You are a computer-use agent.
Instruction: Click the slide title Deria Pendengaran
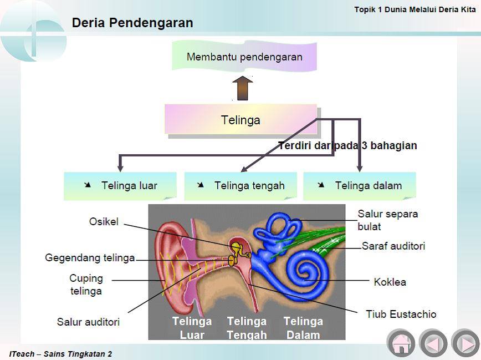tap(132, 23)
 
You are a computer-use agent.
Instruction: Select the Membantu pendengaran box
tap(244, 57)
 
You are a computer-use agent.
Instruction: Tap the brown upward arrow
tap(242, 88)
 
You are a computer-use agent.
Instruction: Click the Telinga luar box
tap(120, 186)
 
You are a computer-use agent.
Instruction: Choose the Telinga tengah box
tap(240, 186)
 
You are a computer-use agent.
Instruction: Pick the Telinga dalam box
tap(360, 186)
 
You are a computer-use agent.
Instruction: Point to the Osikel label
tap(104, 221)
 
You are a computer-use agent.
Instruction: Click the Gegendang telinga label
tap(90, 258)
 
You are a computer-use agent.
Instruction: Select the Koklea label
tap(390, 282)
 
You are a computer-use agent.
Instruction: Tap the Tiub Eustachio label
tap(401, 314)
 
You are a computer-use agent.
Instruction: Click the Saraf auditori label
tap(393, 246)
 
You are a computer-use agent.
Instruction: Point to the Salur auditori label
tap(88, 322)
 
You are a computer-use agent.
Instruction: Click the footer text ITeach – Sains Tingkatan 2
tap(60, 354)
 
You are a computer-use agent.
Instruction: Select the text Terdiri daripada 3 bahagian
tap(347, 145)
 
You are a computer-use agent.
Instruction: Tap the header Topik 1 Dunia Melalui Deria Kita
tap(415, 9)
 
